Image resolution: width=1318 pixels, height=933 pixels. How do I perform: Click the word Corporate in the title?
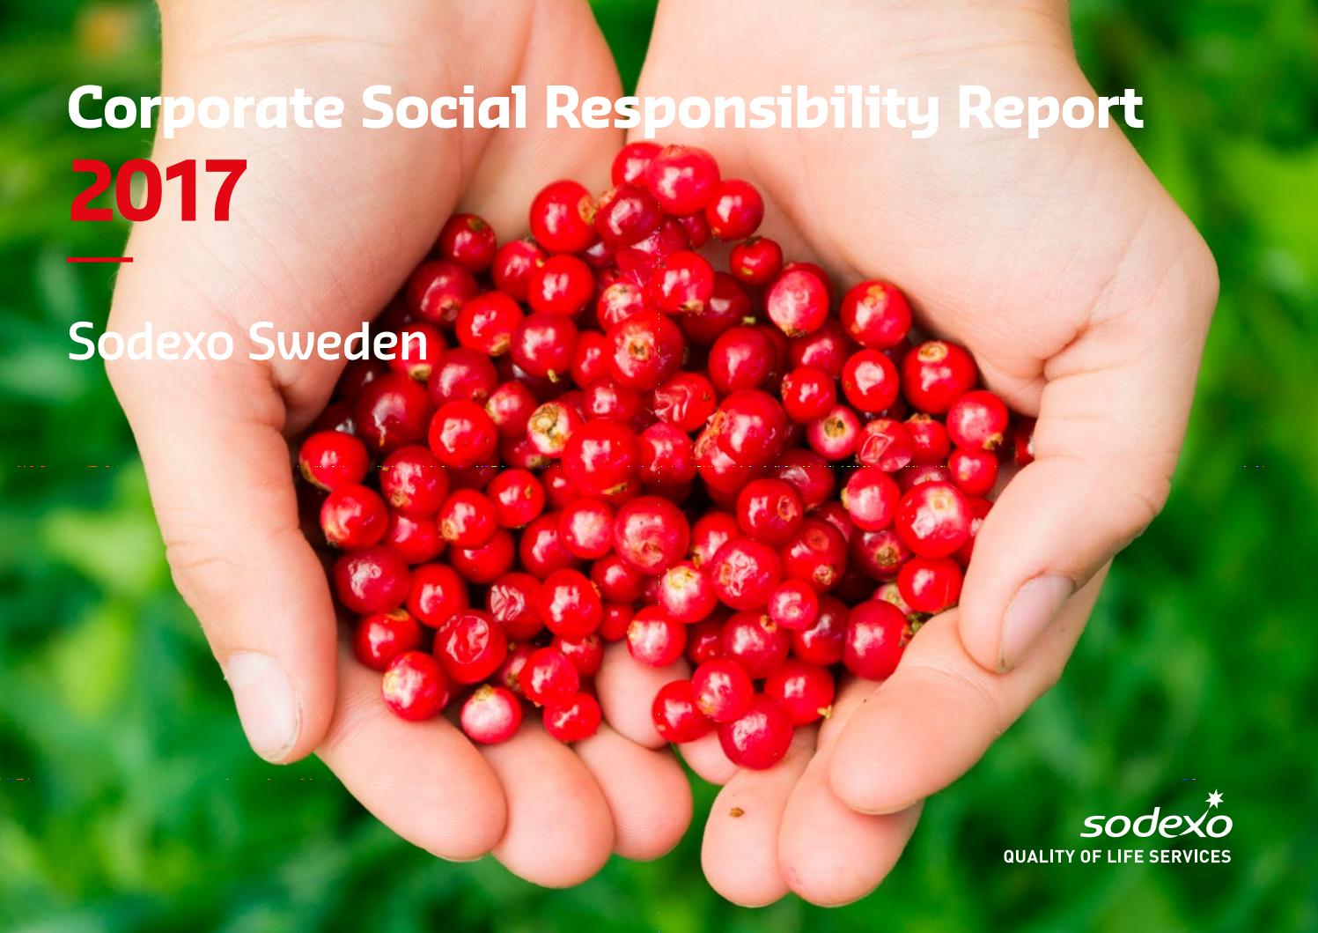(x=206, y=109)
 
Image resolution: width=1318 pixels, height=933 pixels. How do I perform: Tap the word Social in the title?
(x=445, y=107)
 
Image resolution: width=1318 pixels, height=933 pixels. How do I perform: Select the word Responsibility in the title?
(x=742, y=111)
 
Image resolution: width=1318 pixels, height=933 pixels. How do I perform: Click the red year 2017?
(x=158, y=190)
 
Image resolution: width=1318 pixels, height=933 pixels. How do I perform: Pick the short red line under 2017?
(x=99, y=259)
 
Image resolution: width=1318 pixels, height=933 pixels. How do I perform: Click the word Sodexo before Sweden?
(x=151, y=341)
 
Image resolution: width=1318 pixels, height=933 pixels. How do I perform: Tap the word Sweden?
(x=338, y=341)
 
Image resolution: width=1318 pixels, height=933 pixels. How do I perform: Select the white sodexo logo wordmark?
(x=1157, y=823)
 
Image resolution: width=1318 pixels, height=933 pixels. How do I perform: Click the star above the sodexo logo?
(x=1215, y=800)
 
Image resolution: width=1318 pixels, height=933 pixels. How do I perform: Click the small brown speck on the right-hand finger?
(x=736, y=812)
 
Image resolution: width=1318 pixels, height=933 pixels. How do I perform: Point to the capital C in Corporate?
(x=86, y=107)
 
